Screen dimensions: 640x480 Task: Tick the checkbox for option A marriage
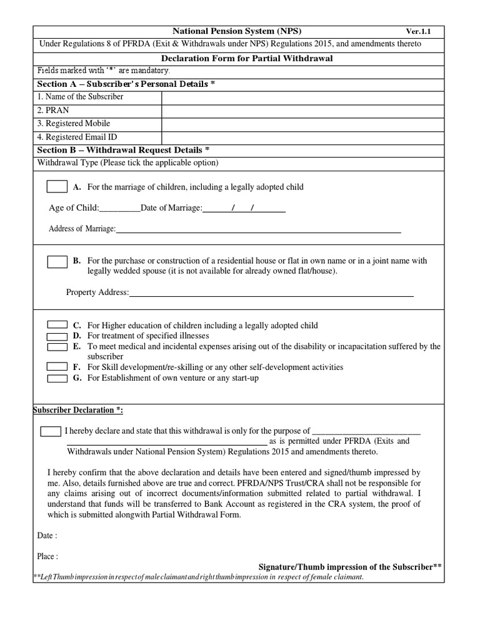[57, 187]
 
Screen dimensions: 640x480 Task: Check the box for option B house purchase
[57, 261]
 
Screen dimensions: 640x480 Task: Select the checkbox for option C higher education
[57, 325]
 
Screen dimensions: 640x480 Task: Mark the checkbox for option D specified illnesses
[57, 336]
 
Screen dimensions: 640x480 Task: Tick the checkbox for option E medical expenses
[57, 346]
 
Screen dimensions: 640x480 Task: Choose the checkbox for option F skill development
[57, 367]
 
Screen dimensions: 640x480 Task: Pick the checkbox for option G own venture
[57, 377]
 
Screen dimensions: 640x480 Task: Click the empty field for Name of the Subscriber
[302, 97]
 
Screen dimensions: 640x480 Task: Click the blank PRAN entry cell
[302, 110]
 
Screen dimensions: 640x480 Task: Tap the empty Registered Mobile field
[302, 124]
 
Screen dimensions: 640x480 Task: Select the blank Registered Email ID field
[302, 137]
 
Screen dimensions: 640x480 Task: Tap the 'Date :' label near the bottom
[47, 536]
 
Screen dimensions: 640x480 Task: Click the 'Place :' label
[48, 556]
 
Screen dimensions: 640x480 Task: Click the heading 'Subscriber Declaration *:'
[77, 409]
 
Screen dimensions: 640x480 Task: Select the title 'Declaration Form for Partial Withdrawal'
[239, 58]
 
